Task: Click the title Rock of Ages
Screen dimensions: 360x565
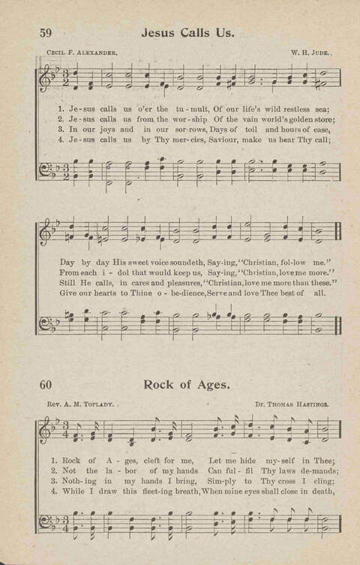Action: click(187, 385)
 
